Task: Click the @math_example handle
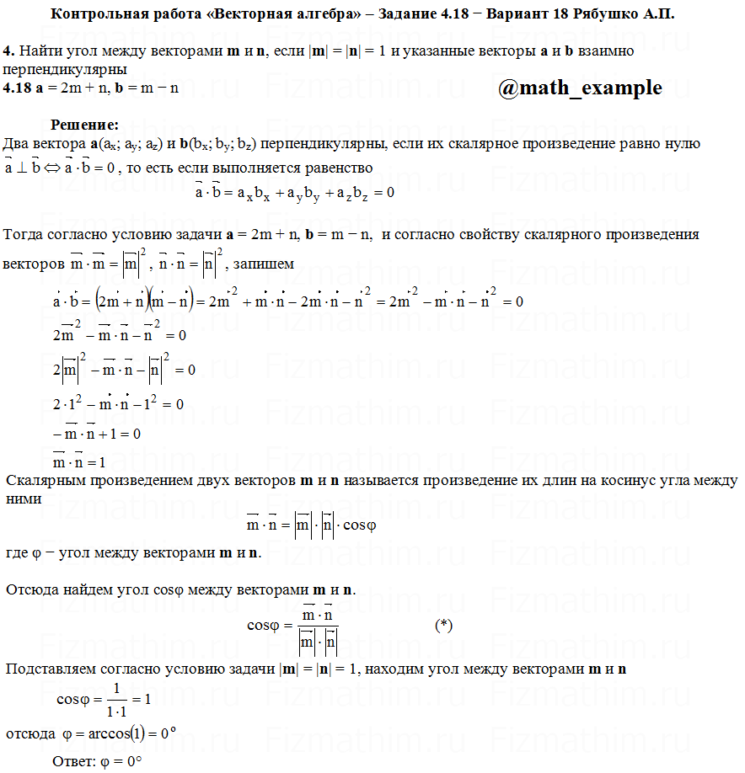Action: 580,88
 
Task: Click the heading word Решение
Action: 84,125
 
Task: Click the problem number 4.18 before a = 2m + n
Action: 18,88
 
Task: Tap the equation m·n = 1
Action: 78,461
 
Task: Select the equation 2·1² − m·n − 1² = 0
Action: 118,403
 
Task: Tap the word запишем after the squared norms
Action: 264,264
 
